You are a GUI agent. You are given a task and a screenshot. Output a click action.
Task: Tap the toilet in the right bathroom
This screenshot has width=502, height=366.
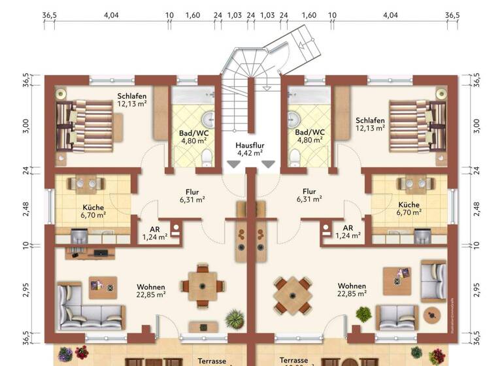(x=294, y=156)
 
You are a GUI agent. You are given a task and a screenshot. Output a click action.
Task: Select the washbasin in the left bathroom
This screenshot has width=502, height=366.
(x=209, y=120)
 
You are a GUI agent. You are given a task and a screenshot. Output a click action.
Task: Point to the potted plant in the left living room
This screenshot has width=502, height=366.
(x=234, y=320)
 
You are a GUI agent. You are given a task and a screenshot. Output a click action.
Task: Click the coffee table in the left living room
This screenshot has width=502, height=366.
(x=103, y=286)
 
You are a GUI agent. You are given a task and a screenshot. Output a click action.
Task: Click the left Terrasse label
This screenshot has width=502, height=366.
(x=212, y=360)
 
